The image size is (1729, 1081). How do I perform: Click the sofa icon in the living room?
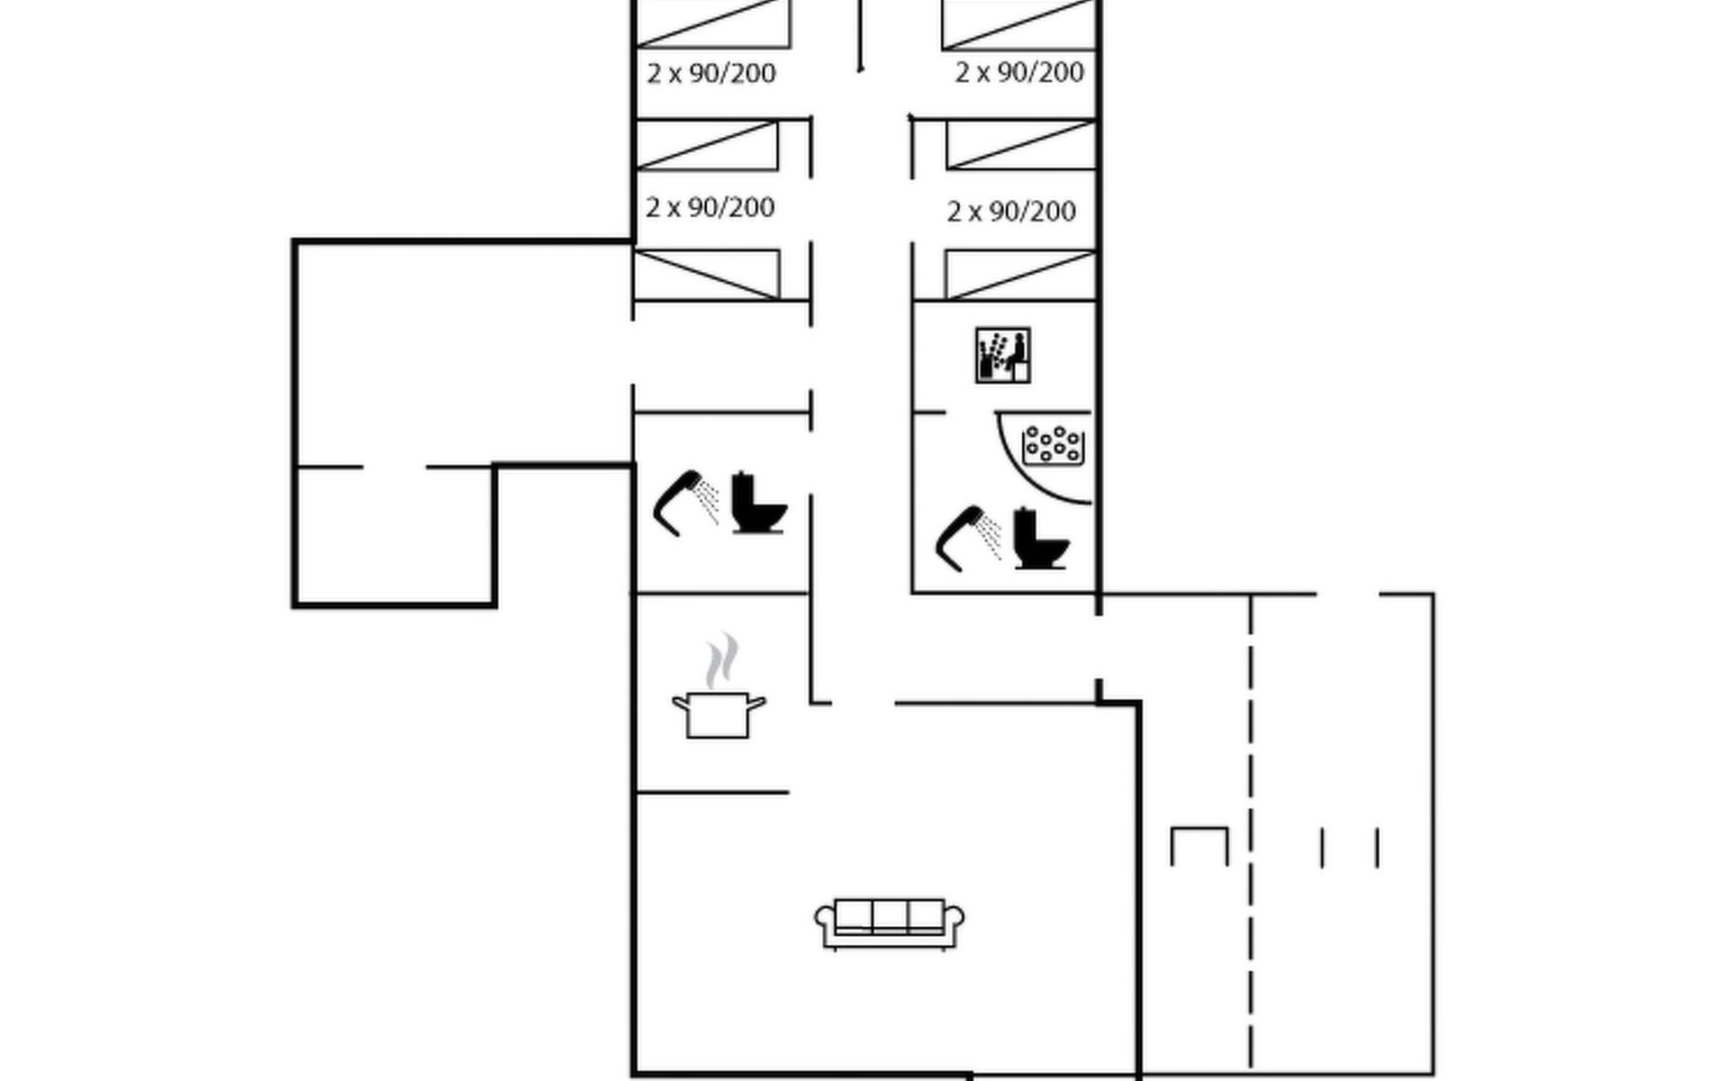889,923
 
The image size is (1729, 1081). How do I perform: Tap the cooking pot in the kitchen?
719,715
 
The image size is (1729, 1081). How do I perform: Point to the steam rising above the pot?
721,660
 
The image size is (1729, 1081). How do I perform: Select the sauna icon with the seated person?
1002,355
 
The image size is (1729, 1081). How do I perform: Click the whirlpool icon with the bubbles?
1053,445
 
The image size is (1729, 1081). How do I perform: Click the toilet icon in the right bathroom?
1041,539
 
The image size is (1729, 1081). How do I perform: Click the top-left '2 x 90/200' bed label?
711,73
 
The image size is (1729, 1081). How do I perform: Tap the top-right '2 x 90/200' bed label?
1018,72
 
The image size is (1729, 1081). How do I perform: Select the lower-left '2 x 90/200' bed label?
710,207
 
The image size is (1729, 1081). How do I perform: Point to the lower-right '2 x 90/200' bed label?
1011,212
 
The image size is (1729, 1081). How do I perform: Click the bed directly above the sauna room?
1020,276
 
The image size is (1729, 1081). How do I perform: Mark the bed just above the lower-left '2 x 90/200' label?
707,145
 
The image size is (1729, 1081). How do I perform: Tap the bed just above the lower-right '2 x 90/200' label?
1021,145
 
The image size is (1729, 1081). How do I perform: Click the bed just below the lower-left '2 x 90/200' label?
707,275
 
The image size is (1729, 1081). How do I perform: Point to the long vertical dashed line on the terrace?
1251,833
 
